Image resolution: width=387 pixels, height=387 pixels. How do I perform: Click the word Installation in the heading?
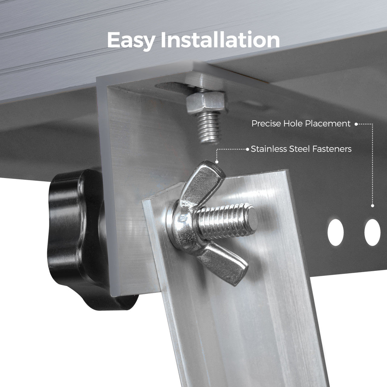coord(220,40)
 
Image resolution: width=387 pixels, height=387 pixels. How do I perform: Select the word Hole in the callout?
coord(293,124)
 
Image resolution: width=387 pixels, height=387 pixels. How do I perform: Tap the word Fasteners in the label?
coord(332,149)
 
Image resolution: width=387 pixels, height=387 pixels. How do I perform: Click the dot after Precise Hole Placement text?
coord(356,124)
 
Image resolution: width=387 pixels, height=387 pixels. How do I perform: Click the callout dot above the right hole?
coord(372,206)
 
